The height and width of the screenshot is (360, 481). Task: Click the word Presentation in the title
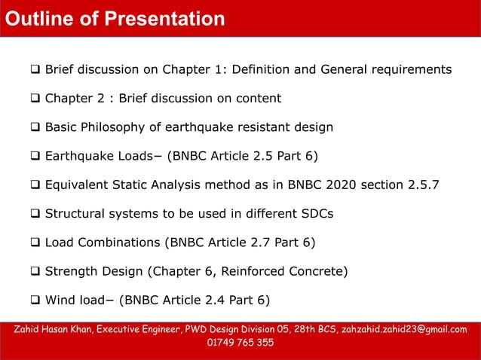[167, 18]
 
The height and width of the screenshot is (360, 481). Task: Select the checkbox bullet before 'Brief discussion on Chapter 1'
[35, 70]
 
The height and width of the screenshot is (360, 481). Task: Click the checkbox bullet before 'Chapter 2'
[35, 99]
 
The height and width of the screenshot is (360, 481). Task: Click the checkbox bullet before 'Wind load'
[35, 299]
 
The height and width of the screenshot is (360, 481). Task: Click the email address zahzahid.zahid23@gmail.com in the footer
[404, 330]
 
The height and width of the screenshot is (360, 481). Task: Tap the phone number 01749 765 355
[240, 343]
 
